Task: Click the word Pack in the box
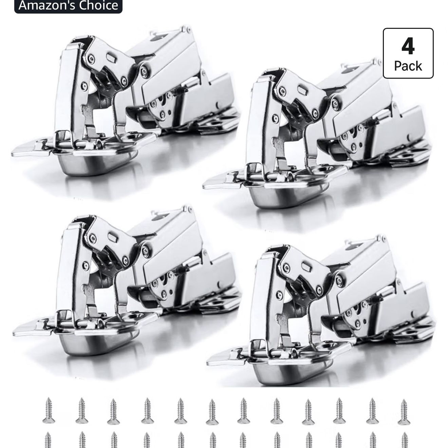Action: point(408,66)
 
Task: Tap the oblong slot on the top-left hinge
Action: point(111,57)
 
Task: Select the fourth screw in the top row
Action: point(147,410)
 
